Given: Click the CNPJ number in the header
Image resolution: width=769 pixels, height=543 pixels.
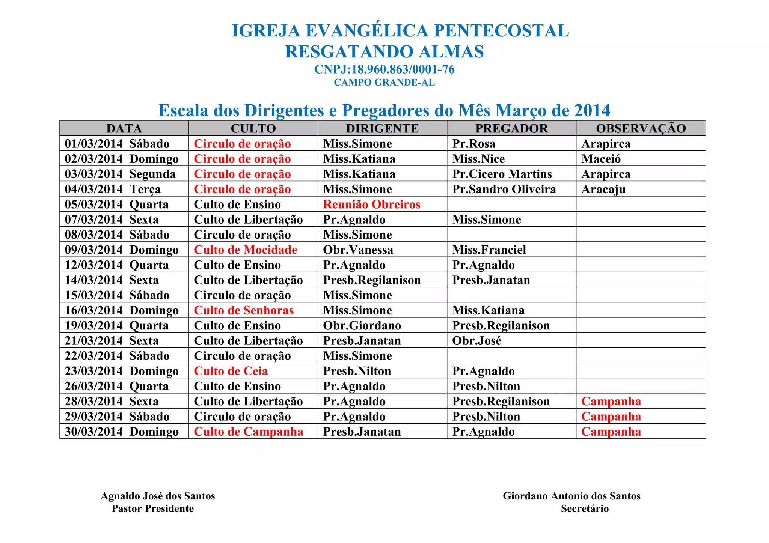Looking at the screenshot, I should (384, 69).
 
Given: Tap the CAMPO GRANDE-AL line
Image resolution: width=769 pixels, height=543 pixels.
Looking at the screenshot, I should (384, 83).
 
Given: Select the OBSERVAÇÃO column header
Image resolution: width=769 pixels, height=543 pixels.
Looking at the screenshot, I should (641, 128).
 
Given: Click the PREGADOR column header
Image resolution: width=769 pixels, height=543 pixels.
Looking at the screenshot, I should (511, 128).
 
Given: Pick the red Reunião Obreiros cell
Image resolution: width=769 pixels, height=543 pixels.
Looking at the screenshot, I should (371, 204).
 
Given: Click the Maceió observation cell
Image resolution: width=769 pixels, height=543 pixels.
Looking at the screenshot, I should (601, 159).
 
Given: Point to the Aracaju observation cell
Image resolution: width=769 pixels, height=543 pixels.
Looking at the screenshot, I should (603, 189).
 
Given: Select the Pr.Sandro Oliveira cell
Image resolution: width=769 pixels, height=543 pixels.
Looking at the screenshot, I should (504, 189).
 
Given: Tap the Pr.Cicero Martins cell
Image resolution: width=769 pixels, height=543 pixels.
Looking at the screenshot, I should (502, 174).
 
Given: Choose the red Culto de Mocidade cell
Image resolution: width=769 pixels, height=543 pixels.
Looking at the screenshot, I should (246, 250).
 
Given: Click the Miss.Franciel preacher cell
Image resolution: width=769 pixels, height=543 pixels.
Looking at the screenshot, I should (489, 250).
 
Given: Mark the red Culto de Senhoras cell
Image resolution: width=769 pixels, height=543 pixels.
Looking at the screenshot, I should (244, 310).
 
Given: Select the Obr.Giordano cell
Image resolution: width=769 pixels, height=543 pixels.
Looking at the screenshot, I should (362, 326).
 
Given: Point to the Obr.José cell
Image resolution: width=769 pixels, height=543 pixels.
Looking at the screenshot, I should (476, 341).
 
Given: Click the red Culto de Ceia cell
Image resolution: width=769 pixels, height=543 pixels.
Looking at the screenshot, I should (231, 371).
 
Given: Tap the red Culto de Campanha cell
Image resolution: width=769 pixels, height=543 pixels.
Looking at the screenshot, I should (249, 432).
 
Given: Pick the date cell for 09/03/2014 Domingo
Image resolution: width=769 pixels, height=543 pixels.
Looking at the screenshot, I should (122, 250).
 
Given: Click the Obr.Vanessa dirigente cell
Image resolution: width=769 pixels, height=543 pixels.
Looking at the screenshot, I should (358, 250).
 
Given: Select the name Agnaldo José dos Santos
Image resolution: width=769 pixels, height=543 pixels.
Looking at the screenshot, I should (158, 496).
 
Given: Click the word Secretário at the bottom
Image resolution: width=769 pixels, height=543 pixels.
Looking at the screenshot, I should (585, 509).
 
